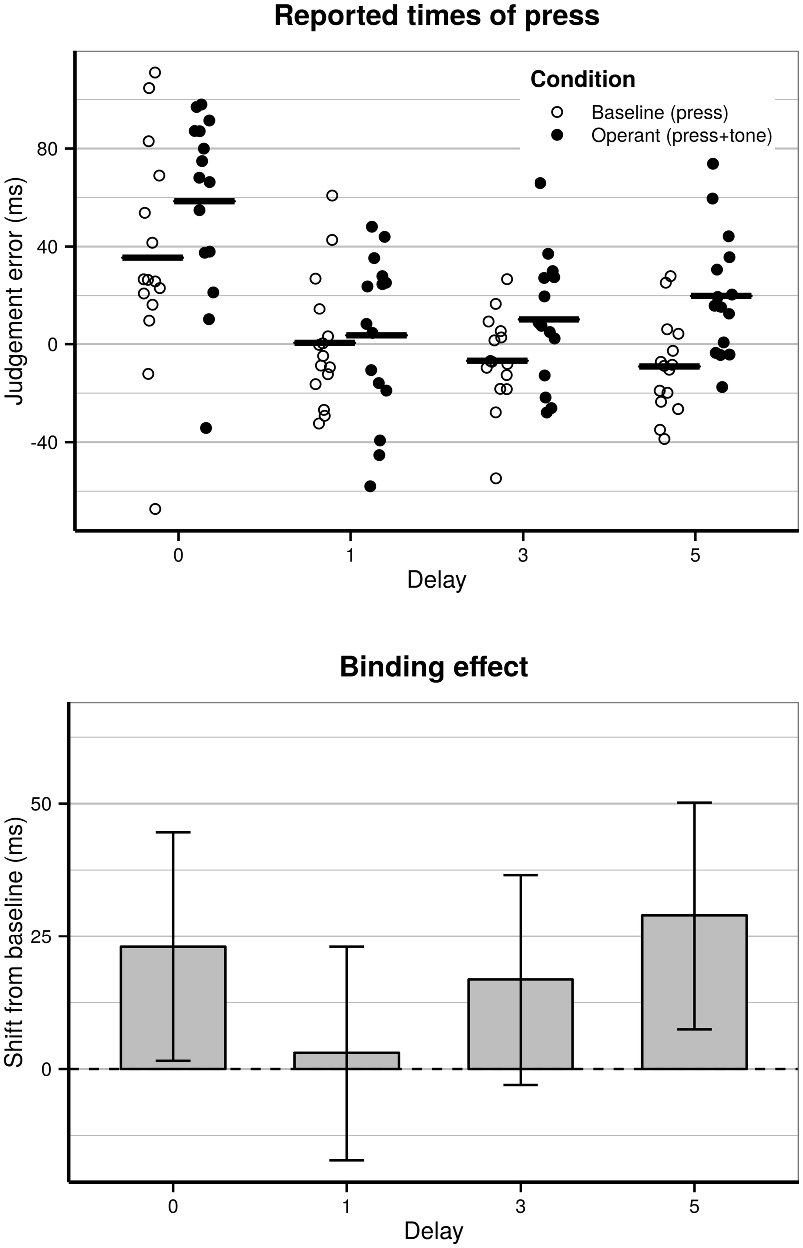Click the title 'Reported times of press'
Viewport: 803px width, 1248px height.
[437, 16]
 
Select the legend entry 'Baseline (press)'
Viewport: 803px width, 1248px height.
[659, 112]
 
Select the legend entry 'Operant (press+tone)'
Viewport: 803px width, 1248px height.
[681, 136]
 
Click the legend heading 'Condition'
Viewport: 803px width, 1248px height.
[582, 79]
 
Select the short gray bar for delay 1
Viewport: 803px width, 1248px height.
[346, 1061]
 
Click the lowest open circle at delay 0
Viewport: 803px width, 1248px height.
[155, 509]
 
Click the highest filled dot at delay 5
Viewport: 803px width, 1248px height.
[713, 164]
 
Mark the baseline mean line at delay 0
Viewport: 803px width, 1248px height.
[152, 257]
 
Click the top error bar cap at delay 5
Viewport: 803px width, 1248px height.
[694, 803]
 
